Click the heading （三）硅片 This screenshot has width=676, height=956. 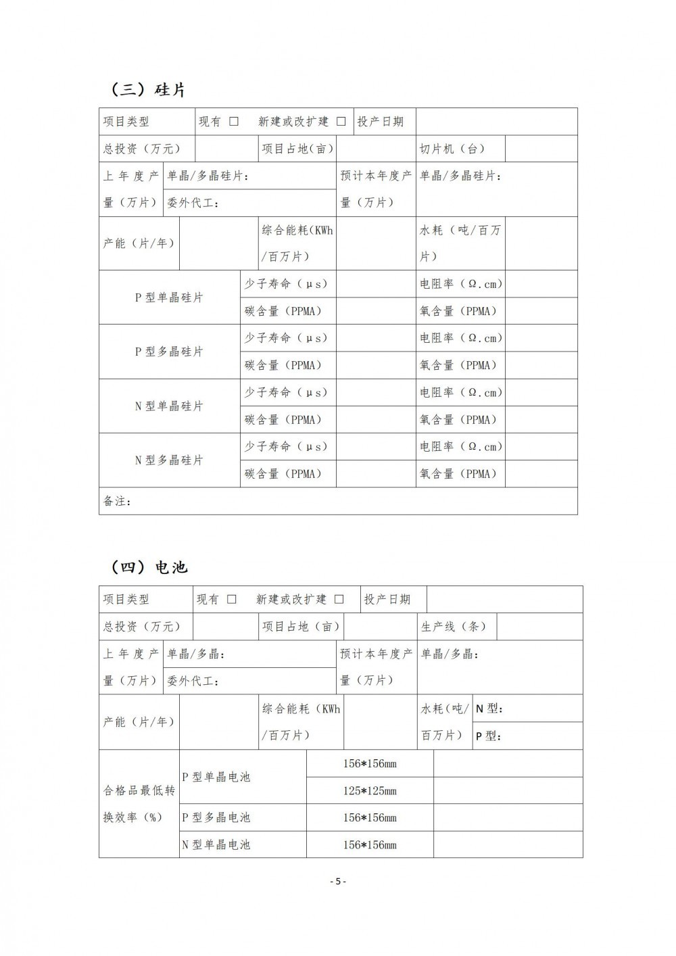[147, 89]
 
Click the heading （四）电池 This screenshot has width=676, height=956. [149, 567]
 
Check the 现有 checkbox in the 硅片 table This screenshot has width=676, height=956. [234, 122]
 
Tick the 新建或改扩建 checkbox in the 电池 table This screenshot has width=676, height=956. [339, 599]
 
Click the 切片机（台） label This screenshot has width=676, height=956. [452, 149]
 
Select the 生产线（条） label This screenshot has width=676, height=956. [454, 627]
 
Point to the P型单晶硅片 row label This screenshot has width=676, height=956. [169, 297]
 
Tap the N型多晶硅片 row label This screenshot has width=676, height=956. [169, 460]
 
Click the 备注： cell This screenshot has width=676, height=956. [118, 501]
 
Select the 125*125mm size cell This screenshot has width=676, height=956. [370, 790]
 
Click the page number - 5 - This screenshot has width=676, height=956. [338, 881]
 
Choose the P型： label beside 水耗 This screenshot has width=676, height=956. [489, 736]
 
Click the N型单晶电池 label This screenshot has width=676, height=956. [216, 844]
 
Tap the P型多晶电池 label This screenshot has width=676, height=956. [216, 817]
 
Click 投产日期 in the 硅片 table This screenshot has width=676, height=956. [381, 122]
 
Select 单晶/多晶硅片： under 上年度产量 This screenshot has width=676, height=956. [208, 176]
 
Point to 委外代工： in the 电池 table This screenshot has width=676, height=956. [193, 681]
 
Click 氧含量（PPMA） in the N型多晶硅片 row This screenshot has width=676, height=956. [458, 474]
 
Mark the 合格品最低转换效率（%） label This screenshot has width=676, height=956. [139, 803]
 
